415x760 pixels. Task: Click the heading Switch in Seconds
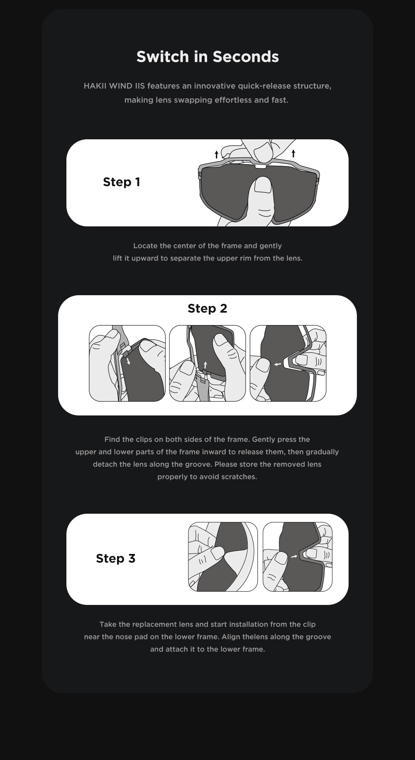coord(207,57)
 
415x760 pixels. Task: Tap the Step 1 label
coord(122,182)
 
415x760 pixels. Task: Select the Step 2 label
coord(207,308)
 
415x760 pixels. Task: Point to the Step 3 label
coord(116,558)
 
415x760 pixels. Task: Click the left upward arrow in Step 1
coord(216,155)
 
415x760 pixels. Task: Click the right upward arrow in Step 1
coord(293,153)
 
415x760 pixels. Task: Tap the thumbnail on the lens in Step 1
coord(263,185)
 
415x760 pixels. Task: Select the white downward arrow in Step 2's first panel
coord(128,361)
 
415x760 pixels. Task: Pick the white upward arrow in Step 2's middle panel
coord(205,365)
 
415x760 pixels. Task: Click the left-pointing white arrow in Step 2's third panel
coord(278,364)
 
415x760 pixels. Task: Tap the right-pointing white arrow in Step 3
coord(294,556)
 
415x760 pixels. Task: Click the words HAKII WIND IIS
coord(114,86)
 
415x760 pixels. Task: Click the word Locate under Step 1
coord(145,246)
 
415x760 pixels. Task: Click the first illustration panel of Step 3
coord(223,557)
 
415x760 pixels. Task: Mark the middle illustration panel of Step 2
coord(207,363)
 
